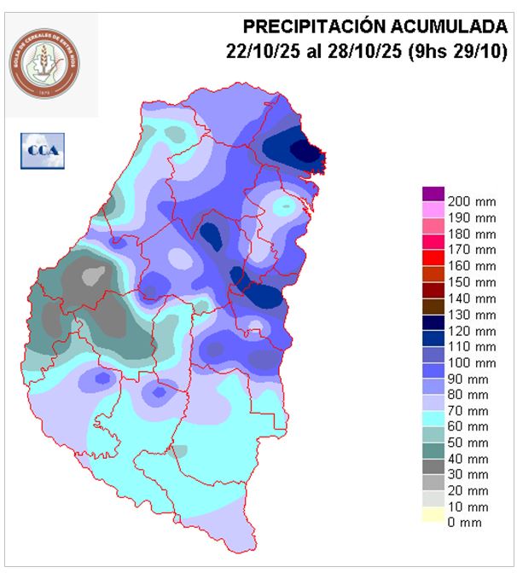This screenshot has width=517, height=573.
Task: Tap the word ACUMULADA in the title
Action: (448, 26)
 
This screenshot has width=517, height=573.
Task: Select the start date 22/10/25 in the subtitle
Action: (261, 51)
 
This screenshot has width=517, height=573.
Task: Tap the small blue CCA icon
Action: (42, 151)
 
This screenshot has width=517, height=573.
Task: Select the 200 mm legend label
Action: (471, 201)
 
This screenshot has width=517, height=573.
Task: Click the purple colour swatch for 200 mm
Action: (433, 194)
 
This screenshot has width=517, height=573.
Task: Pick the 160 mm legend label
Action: (471, 266)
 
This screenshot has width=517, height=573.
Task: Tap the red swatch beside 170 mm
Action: (433, 250)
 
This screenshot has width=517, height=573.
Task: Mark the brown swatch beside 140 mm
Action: (433, 298)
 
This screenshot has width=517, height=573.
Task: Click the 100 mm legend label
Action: (471, 362)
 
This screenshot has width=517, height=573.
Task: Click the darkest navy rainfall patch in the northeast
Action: (305, 150)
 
